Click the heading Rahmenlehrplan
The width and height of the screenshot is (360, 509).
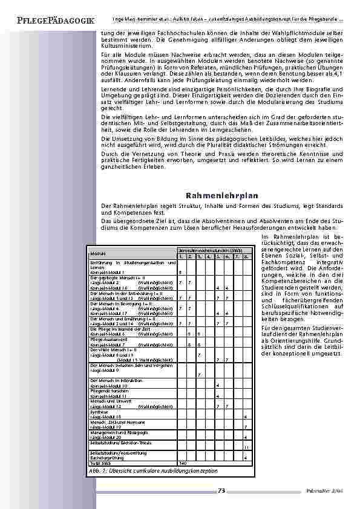(222, 196)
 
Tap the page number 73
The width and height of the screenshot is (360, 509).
(221, 490)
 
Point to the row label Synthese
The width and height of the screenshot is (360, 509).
(99, 412)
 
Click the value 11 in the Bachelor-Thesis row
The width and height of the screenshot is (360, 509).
(245, 447)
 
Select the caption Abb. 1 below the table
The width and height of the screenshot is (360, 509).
(153, 470)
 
